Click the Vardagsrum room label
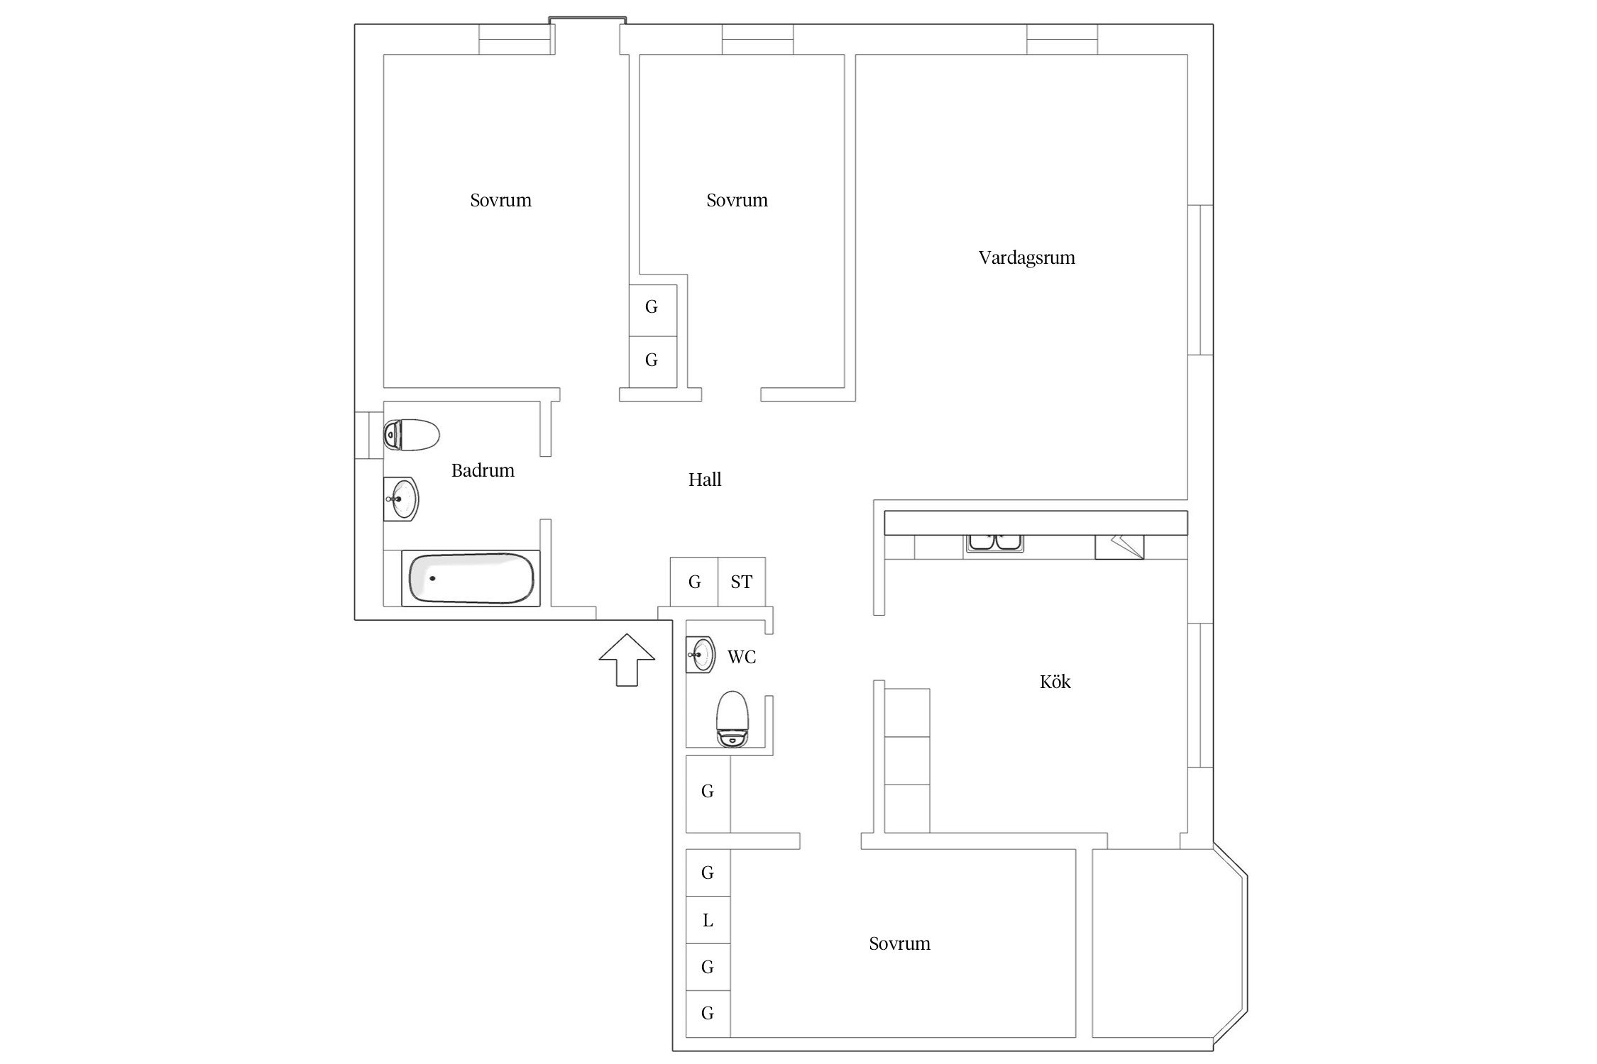coord(1026,257)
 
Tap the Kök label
coord(1055,682)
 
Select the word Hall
coord(705,480)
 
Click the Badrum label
coord(483,470)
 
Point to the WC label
coord(742,657)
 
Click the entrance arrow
coord(627,660)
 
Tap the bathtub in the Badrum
coord(471,578)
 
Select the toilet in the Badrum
coord(412,435)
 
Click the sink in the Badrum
coord(401,499)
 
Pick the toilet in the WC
coord(732,719)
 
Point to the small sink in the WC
coord(701,654)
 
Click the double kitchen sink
coord(994,543)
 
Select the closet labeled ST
coord(742,582)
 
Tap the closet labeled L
coord(708,920)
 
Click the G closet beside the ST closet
coord(694,582)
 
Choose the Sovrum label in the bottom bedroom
coord(899,943)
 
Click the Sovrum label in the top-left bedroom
coord(500,200)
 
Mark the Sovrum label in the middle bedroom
coord(737,200)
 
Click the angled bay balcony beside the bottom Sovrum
coord(1169,951)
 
